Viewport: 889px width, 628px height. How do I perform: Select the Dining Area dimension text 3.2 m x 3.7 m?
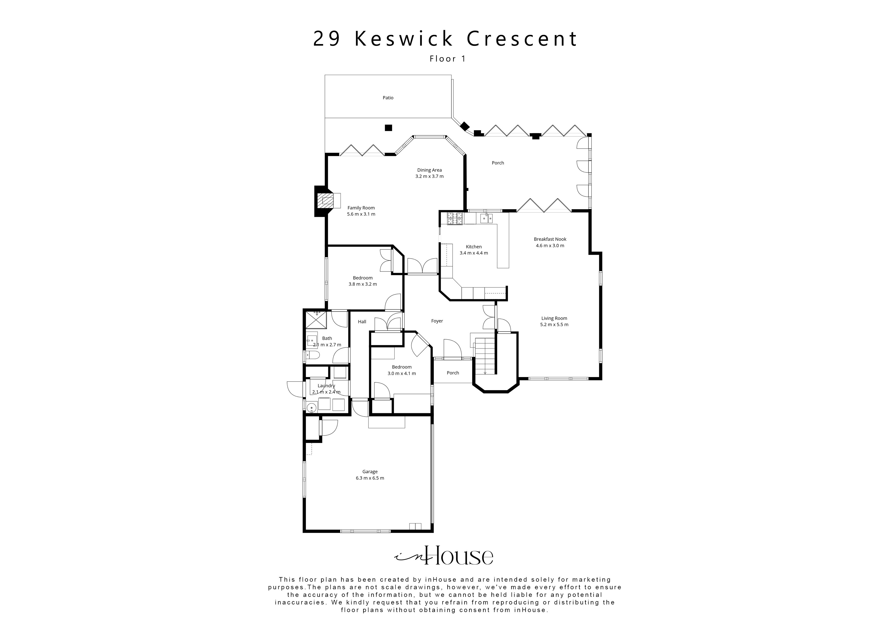(x=429, y=176)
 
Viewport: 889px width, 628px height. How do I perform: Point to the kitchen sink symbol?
(x=486, y=219)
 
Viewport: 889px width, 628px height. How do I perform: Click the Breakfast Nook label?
(x=550, y=239)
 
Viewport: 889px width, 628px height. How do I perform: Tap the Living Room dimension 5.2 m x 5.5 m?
(x=554, y=325)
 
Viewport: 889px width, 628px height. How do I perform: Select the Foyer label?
(x=437, y=321)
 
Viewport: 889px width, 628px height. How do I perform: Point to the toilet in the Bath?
(x=312, y=355)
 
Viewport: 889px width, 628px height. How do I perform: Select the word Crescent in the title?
(x=522, y=39)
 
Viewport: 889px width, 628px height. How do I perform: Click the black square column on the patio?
(x=388, y=128)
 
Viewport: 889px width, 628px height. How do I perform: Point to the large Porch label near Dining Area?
(x=497, y=163)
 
